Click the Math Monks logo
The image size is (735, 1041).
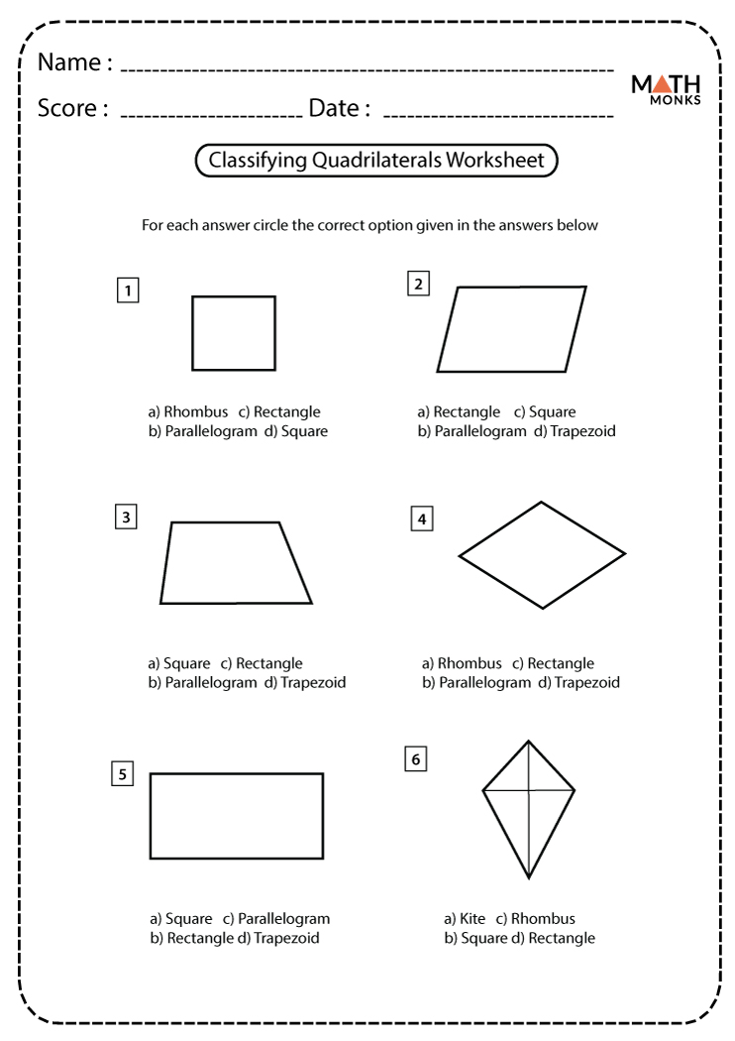click(x=667, y=88)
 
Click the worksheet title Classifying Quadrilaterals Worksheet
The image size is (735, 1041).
click(x=376, y=161)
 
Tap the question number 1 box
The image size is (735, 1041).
click(x=127, y=290)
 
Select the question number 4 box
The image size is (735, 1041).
click(x=422, y=519)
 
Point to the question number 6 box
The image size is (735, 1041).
click(x=415, y=759)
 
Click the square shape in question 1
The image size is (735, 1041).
click(x=234, y=333)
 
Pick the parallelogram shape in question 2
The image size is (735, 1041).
click(x=511, y=329)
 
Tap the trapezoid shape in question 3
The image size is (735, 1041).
click(x=235, y=563)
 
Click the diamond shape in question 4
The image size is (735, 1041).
click(x=542, y=554)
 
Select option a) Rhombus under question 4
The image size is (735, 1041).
click(x=463, y=663)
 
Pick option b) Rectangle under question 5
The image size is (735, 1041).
click(x=191, y=938)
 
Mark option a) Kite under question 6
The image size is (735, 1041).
click(x=466, y=919)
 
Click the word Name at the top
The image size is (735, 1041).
click(x=69, y=62)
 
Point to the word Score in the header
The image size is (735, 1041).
click(x=67, y=108)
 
